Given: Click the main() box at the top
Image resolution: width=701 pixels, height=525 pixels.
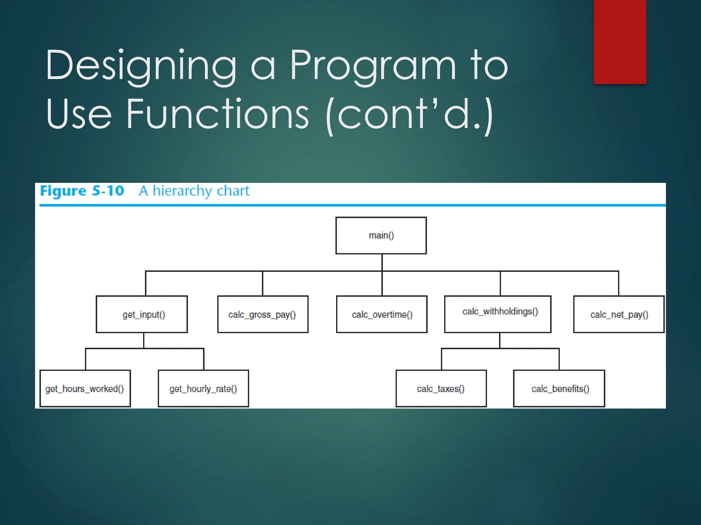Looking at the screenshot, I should [381, 235].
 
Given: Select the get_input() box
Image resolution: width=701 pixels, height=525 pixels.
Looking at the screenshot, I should [142, 314].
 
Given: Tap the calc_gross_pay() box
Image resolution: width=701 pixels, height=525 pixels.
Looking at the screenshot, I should [263, 314].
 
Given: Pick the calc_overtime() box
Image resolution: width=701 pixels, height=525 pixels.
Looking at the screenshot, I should [382, 314].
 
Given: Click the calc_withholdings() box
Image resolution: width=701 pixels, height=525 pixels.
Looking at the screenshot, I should [497, 314].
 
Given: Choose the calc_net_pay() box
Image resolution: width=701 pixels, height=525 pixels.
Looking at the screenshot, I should [619, 314].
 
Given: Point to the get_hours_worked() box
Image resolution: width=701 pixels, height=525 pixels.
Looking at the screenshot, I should [85, 388].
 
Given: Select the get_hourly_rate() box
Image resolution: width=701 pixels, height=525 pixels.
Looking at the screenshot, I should [203, 388].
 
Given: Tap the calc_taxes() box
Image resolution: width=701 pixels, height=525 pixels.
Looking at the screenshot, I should [441, 388].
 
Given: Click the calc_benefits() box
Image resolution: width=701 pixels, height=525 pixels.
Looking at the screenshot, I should [559, 388].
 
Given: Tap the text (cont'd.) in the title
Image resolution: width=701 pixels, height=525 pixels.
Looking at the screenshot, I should [409, 114].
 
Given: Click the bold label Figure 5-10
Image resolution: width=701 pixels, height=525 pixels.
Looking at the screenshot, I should [82, 191].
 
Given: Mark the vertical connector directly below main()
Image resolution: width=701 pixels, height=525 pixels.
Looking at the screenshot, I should [382, 262].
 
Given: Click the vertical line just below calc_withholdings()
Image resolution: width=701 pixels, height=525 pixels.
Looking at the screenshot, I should [500, 340].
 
